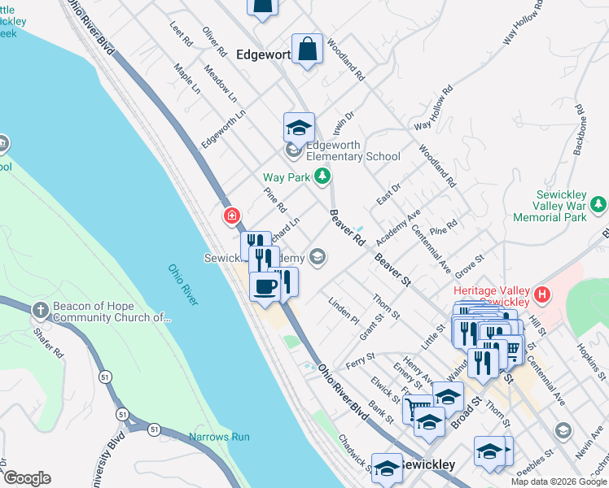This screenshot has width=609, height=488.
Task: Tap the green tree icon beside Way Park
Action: click(323, 176)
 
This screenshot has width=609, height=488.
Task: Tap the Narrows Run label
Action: click(219, 437)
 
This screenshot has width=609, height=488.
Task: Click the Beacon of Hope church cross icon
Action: click(41, 310)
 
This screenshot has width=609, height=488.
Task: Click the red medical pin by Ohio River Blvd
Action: click(232, 216)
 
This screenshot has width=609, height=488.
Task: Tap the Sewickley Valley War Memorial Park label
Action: click(561, 207)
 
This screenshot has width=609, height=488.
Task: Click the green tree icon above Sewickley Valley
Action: click(599, 203)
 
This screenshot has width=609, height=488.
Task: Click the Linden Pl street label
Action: click(343, 311)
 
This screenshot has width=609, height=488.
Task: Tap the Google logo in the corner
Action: click(27, 478)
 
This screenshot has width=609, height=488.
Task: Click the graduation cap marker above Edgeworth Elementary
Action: click(299, 128)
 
